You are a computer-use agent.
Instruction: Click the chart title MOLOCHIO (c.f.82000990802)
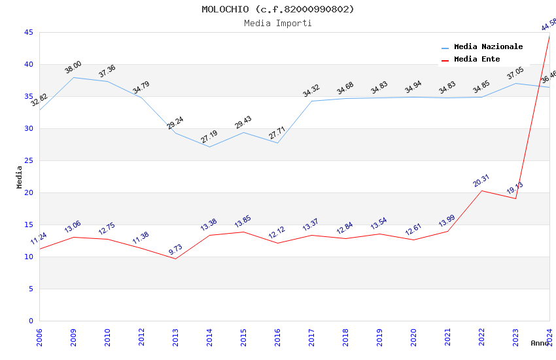pyautogui.click(x=278, y=9)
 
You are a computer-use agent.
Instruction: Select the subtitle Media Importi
pyautogui.click(x=278, y=23)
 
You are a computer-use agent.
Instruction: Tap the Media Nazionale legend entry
pyautogui.click(x=488, y=46)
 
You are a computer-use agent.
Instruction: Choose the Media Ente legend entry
pyautogui.click(x=477, y=59)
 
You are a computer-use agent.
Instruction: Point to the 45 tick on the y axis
pyautogui.click(x=28, y=32)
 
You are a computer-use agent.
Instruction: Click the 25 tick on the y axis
pyautogui.click(x=28, y=160)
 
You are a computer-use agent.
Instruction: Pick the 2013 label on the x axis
pyautogui.click(x=175, y=338)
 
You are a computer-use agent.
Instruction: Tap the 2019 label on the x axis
pyautogui.click(x=379, y=338)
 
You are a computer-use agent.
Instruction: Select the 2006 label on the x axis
pyautogui.click(x=39, y=338)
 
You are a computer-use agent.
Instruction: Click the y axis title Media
pyautogui.click(x=20, y=177)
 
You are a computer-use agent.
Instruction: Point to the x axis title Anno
pyautogui.click(x=540, y=343)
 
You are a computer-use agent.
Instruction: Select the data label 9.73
pyautogui.click(x=175, y=249)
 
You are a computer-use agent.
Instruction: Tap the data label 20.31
pyautogui.click(x=481, y=181)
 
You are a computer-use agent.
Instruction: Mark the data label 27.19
pyautogui.click(x=209, y=137)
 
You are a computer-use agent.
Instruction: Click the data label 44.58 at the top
pyautogui.click(x=548, y=25)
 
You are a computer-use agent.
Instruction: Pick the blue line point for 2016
pyautogui.click(x=277, y=143)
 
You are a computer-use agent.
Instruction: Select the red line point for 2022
pyautogui.click(x=481, y=190)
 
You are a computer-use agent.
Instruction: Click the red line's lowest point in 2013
pyautogui.click(x=175, y=259)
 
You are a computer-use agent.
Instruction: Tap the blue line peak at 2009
pyautogui.click(x=73, y=77)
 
